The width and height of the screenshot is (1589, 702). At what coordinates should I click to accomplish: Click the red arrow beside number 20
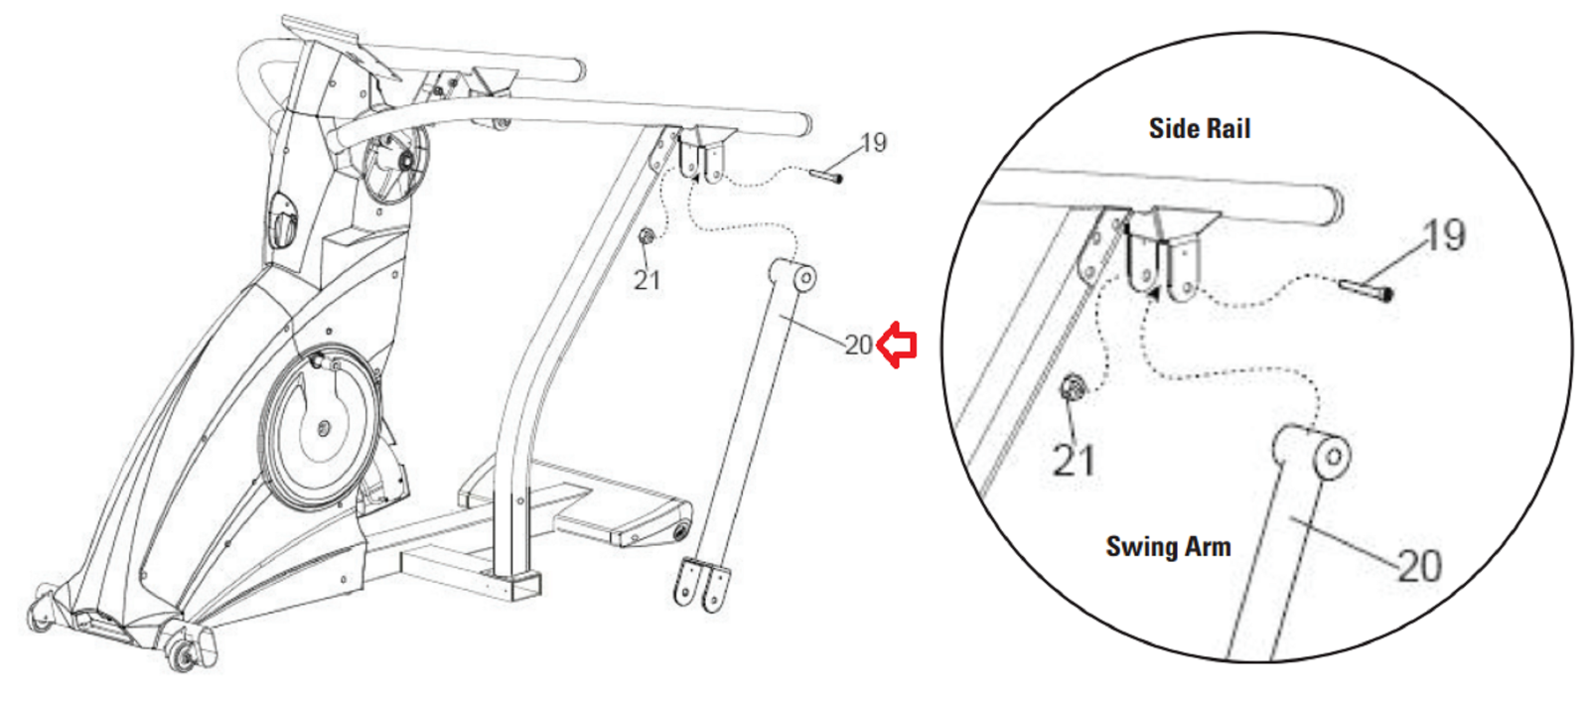898,346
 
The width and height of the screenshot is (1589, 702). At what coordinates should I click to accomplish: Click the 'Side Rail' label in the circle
1200,128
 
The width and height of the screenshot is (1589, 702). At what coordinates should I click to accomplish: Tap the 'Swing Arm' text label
1168,547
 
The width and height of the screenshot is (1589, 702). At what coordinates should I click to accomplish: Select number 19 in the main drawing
874,143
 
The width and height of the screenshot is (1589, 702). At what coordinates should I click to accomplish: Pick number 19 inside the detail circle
1444,234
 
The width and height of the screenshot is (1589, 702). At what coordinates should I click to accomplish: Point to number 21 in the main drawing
647,280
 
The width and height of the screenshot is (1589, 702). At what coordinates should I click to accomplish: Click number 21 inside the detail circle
1075,460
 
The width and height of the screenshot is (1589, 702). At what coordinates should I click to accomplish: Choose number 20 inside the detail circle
1419,566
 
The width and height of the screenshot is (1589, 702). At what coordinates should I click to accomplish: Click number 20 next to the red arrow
858,346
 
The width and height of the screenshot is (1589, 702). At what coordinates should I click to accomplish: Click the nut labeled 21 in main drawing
647,237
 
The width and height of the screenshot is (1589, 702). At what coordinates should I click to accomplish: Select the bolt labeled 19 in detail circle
1367,289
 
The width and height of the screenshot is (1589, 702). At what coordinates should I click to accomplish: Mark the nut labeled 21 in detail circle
1072,388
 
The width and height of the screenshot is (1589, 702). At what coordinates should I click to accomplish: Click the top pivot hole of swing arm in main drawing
806,277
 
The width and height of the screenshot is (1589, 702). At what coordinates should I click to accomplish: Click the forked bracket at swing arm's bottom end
701,584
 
